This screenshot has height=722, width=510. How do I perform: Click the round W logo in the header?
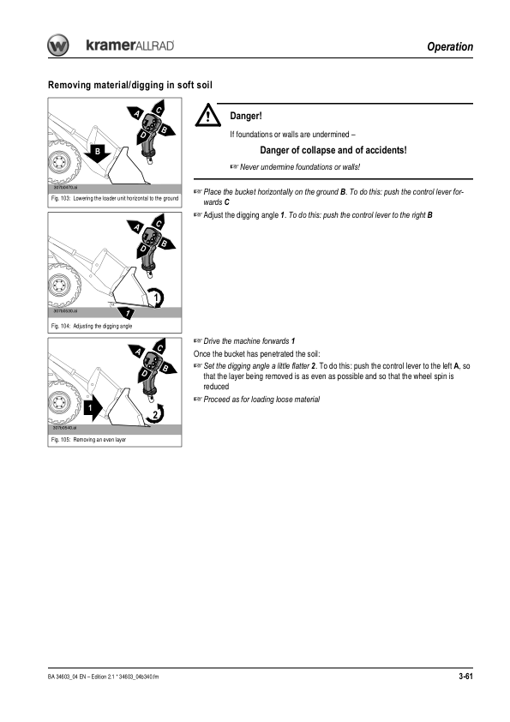[x=58, y=45]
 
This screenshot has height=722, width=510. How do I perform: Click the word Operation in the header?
[x=450, y=46]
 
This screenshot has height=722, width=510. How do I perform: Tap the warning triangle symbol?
[x=207, y=115]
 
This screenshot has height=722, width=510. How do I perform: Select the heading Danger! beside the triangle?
[x=246, y=116]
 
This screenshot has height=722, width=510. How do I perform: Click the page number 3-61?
[x=465, y=676]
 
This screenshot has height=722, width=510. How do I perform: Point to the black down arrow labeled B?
[x=97, y=153]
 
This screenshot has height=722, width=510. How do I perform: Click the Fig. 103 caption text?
[x=115, y=198]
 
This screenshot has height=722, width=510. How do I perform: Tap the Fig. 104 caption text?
[x=92, y=326]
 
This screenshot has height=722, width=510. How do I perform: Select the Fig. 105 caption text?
[x=88, y=440]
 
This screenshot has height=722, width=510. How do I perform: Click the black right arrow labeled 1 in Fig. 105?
[x=93, y=408]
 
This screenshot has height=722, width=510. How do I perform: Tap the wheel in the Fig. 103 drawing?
[x=61, y=162]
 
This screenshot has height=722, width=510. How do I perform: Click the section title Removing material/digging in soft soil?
[x=130, y=85]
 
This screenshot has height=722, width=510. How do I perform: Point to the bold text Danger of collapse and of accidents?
[x=333, y=150]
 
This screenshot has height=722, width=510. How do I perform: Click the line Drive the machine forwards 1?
[x=249, y=341]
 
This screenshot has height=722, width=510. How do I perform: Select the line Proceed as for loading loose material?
[x=261, y=400]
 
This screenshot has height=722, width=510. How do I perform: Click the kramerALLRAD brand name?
[x=130, y=45]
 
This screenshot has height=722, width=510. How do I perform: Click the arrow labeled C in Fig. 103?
[x=159, y=110]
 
